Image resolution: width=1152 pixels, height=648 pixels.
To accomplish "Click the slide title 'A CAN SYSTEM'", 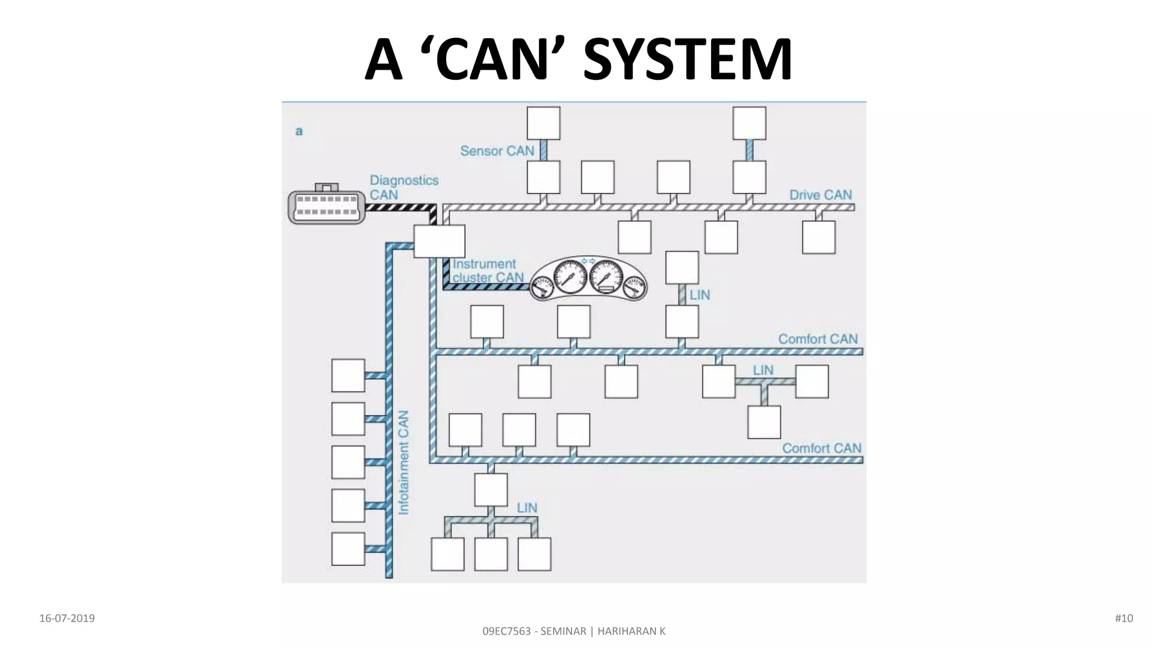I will pyautogui.click(x=578, y=60).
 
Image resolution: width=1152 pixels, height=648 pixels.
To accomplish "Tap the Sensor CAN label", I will pyautogui.click(x=497, y=151).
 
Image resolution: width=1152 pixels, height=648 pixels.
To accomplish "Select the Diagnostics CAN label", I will pyautogui.click(x=403, y=187).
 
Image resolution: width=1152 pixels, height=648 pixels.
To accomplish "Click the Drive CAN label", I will pyautogui.click(x=820, y=195).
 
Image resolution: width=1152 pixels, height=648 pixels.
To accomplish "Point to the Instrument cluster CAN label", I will pyautogui.click(x=487, y=271).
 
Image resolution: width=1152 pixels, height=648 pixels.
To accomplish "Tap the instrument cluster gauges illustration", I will pyautogui.click(x=588, y=279).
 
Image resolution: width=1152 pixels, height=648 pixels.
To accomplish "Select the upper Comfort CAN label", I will pyautogui.click(x=817, y=339).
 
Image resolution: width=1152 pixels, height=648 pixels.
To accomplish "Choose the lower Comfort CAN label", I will pyautogui.click(x=821, y=448).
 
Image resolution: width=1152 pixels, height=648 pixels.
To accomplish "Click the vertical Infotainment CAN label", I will pyautogui.click(x=404, y=462).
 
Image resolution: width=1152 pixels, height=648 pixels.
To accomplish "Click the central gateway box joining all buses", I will pyautogui.click(x=439, y=241).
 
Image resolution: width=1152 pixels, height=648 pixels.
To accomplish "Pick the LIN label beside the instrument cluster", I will pyautogui.click(x=700, y=295).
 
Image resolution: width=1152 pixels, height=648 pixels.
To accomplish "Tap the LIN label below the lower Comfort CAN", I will pyautogui.click(x=527, y=507).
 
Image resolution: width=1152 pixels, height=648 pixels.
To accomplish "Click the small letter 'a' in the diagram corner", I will pyautogui.click(x=299, y=132).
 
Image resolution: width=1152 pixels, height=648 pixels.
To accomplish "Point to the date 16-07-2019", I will pyautogui.click(x=67, y=618).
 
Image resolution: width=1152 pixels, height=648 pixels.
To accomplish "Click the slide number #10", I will pyautogui.click(x=1123, y=618).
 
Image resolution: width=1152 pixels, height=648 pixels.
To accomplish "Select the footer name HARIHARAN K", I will pyautogui.click(x=631, y=631).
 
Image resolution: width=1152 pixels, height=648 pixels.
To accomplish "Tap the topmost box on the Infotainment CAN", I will pyautogui.click(x=348, y=375).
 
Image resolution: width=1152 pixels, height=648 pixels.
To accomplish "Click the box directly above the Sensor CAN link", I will pyautogui.click(x=543, y=123).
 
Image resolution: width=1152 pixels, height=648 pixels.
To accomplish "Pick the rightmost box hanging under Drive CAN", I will pyautogui.click(x=818, y=237).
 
